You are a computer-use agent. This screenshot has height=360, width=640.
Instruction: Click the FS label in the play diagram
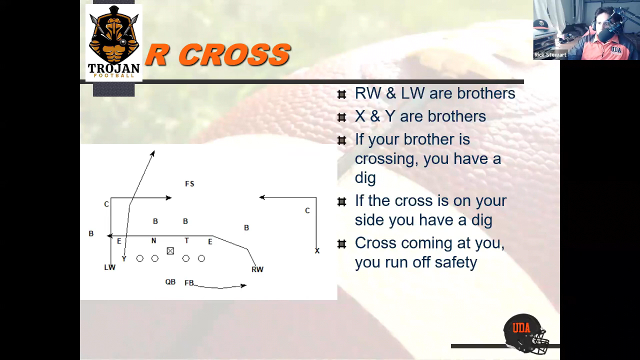point(189,183)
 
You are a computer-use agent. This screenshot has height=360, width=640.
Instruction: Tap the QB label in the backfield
point(170,281)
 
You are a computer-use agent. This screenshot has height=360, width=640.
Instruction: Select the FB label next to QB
point(189,283)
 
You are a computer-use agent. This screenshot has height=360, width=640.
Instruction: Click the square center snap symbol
point(170,251)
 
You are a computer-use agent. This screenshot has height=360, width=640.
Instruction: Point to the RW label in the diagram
point(257,269)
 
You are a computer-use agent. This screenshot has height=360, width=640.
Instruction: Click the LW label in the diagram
point(109,267)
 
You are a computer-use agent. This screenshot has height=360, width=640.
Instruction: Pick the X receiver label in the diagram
point(317,251)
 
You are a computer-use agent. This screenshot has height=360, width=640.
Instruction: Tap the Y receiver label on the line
point(124,259)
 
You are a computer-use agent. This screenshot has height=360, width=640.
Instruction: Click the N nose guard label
point(153,241)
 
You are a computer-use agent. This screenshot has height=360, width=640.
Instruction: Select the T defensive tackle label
point(186,240)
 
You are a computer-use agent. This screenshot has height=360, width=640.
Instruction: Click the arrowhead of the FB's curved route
point(244,285)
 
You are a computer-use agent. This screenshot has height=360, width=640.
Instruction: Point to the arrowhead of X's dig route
point(261,197)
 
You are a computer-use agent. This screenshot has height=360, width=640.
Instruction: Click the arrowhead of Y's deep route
point(153,153)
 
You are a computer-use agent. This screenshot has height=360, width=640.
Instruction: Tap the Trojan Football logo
point(113,43)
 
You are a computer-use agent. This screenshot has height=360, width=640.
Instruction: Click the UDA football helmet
point(525,333)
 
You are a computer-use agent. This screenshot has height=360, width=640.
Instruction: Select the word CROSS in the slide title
point(236,54)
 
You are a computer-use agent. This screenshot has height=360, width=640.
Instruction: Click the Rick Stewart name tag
point(550,55)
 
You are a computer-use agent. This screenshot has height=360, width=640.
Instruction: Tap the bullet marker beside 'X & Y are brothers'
point(341,117)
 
